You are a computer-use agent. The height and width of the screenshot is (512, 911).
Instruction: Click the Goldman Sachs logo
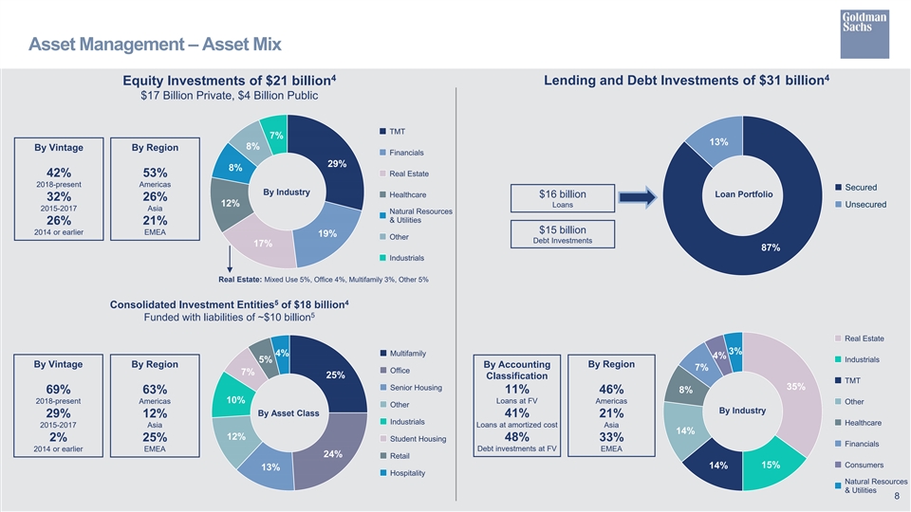[x=865, y=34]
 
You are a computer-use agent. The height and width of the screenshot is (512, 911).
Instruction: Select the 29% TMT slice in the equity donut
[x=332, y=159]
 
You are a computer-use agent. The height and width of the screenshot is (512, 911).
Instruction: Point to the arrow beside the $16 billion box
[x=638, y=197]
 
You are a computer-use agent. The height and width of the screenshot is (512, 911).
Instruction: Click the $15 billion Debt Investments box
[x=563, y=234]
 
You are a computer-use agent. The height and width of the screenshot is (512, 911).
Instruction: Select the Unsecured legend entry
[x=861, y=205]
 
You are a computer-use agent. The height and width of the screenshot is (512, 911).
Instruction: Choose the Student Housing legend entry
[x=413, y=439]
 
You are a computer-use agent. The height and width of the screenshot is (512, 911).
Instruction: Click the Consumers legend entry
[x=860, y=465]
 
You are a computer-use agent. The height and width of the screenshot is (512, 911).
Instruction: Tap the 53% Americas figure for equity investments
[x=155, y=173]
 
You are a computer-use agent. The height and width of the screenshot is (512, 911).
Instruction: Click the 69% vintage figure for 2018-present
[x=58, y=390]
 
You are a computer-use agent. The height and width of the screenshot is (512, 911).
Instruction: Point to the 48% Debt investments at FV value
[x=516, y=437]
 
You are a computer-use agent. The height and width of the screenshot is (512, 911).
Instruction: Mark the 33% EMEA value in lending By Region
[x=611, y=437]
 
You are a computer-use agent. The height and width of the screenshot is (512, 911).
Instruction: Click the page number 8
[x=897, y=496]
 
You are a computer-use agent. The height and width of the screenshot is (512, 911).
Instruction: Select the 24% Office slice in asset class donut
[x=331, y=449]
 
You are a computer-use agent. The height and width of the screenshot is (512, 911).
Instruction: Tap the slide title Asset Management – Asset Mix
[x=155, y=45]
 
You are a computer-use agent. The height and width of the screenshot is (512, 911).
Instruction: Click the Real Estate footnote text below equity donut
[x=324, y=280]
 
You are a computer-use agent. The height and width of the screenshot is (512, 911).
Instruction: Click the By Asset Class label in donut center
[x=288, y=413]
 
